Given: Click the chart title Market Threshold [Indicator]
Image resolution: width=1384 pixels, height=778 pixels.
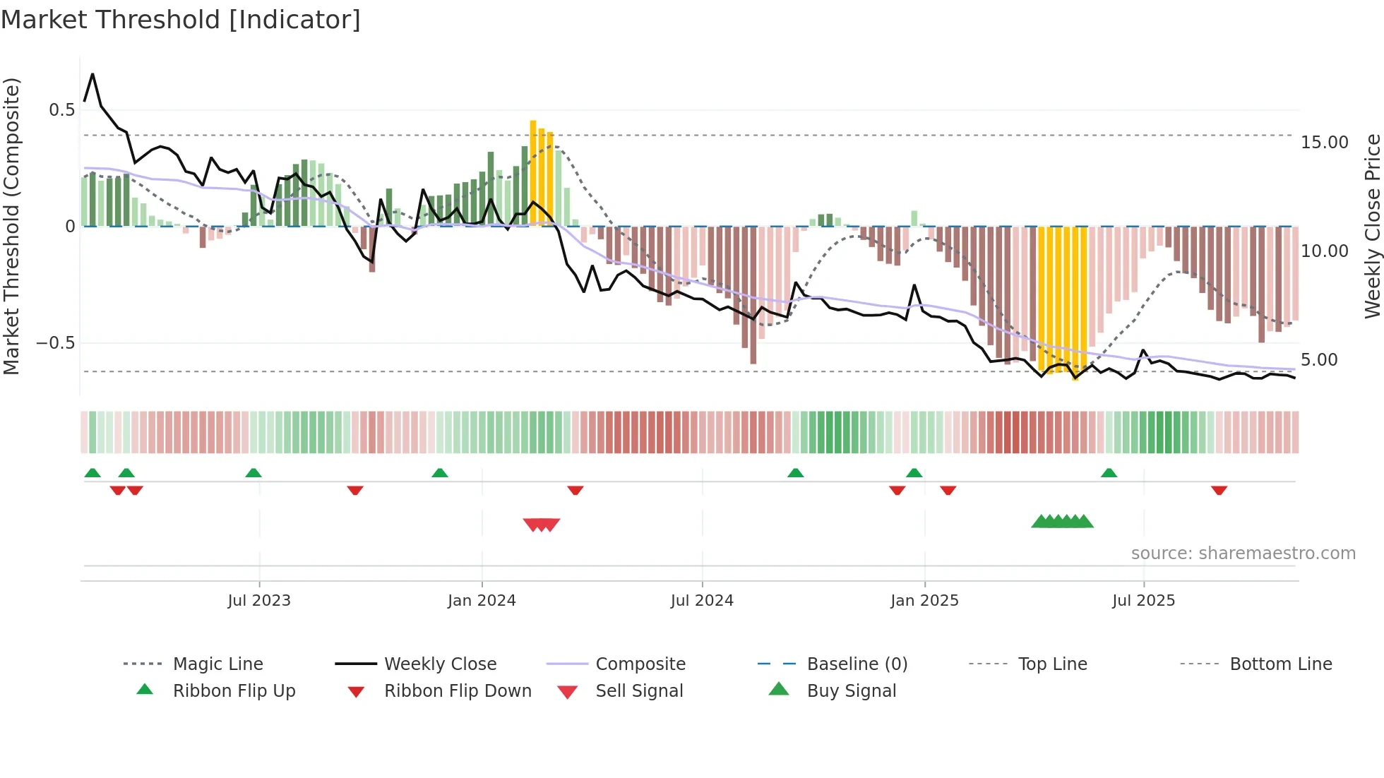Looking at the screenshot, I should pyautogui.click(x=181, y=20).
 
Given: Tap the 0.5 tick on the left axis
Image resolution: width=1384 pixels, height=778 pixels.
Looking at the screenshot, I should pyautogui.click(x=61, y=110).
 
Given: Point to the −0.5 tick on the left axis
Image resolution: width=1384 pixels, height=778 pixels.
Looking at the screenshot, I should pyautogui.click(x=56, y=343).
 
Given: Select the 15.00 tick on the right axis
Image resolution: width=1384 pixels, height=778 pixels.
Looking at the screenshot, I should pyautogui.click(x=1324, y=143).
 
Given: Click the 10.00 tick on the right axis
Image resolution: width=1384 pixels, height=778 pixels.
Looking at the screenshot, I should pyautogui.click(x=1324, y=251).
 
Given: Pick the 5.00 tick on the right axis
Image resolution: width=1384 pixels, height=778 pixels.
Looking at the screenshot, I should pyautogui.click(x=1319, y=360).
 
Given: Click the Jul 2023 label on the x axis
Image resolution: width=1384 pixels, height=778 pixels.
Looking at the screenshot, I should pyautogui.click(x=259, y=601).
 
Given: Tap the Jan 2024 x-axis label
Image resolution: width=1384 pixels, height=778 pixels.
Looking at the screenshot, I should pyautogui.click(x=482, y=601).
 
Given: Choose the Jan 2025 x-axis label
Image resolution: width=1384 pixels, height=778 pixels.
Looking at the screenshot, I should pyautogui.click(x=924, y=601).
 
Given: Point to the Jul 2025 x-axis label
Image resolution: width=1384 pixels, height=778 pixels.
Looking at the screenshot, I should pyautogui.click(x=1143, y=601).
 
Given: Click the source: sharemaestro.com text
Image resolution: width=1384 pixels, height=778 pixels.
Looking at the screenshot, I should pyautogui.click(x=1243, y=553).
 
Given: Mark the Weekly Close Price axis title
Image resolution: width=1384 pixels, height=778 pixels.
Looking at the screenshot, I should pyautogui.click(x=1372, y=226).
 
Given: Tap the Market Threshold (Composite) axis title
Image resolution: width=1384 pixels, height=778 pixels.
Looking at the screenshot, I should pyautogui.click(x=11, y=226).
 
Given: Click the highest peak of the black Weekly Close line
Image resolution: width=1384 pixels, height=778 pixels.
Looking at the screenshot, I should pyautogui.click(x=93, y=74).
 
